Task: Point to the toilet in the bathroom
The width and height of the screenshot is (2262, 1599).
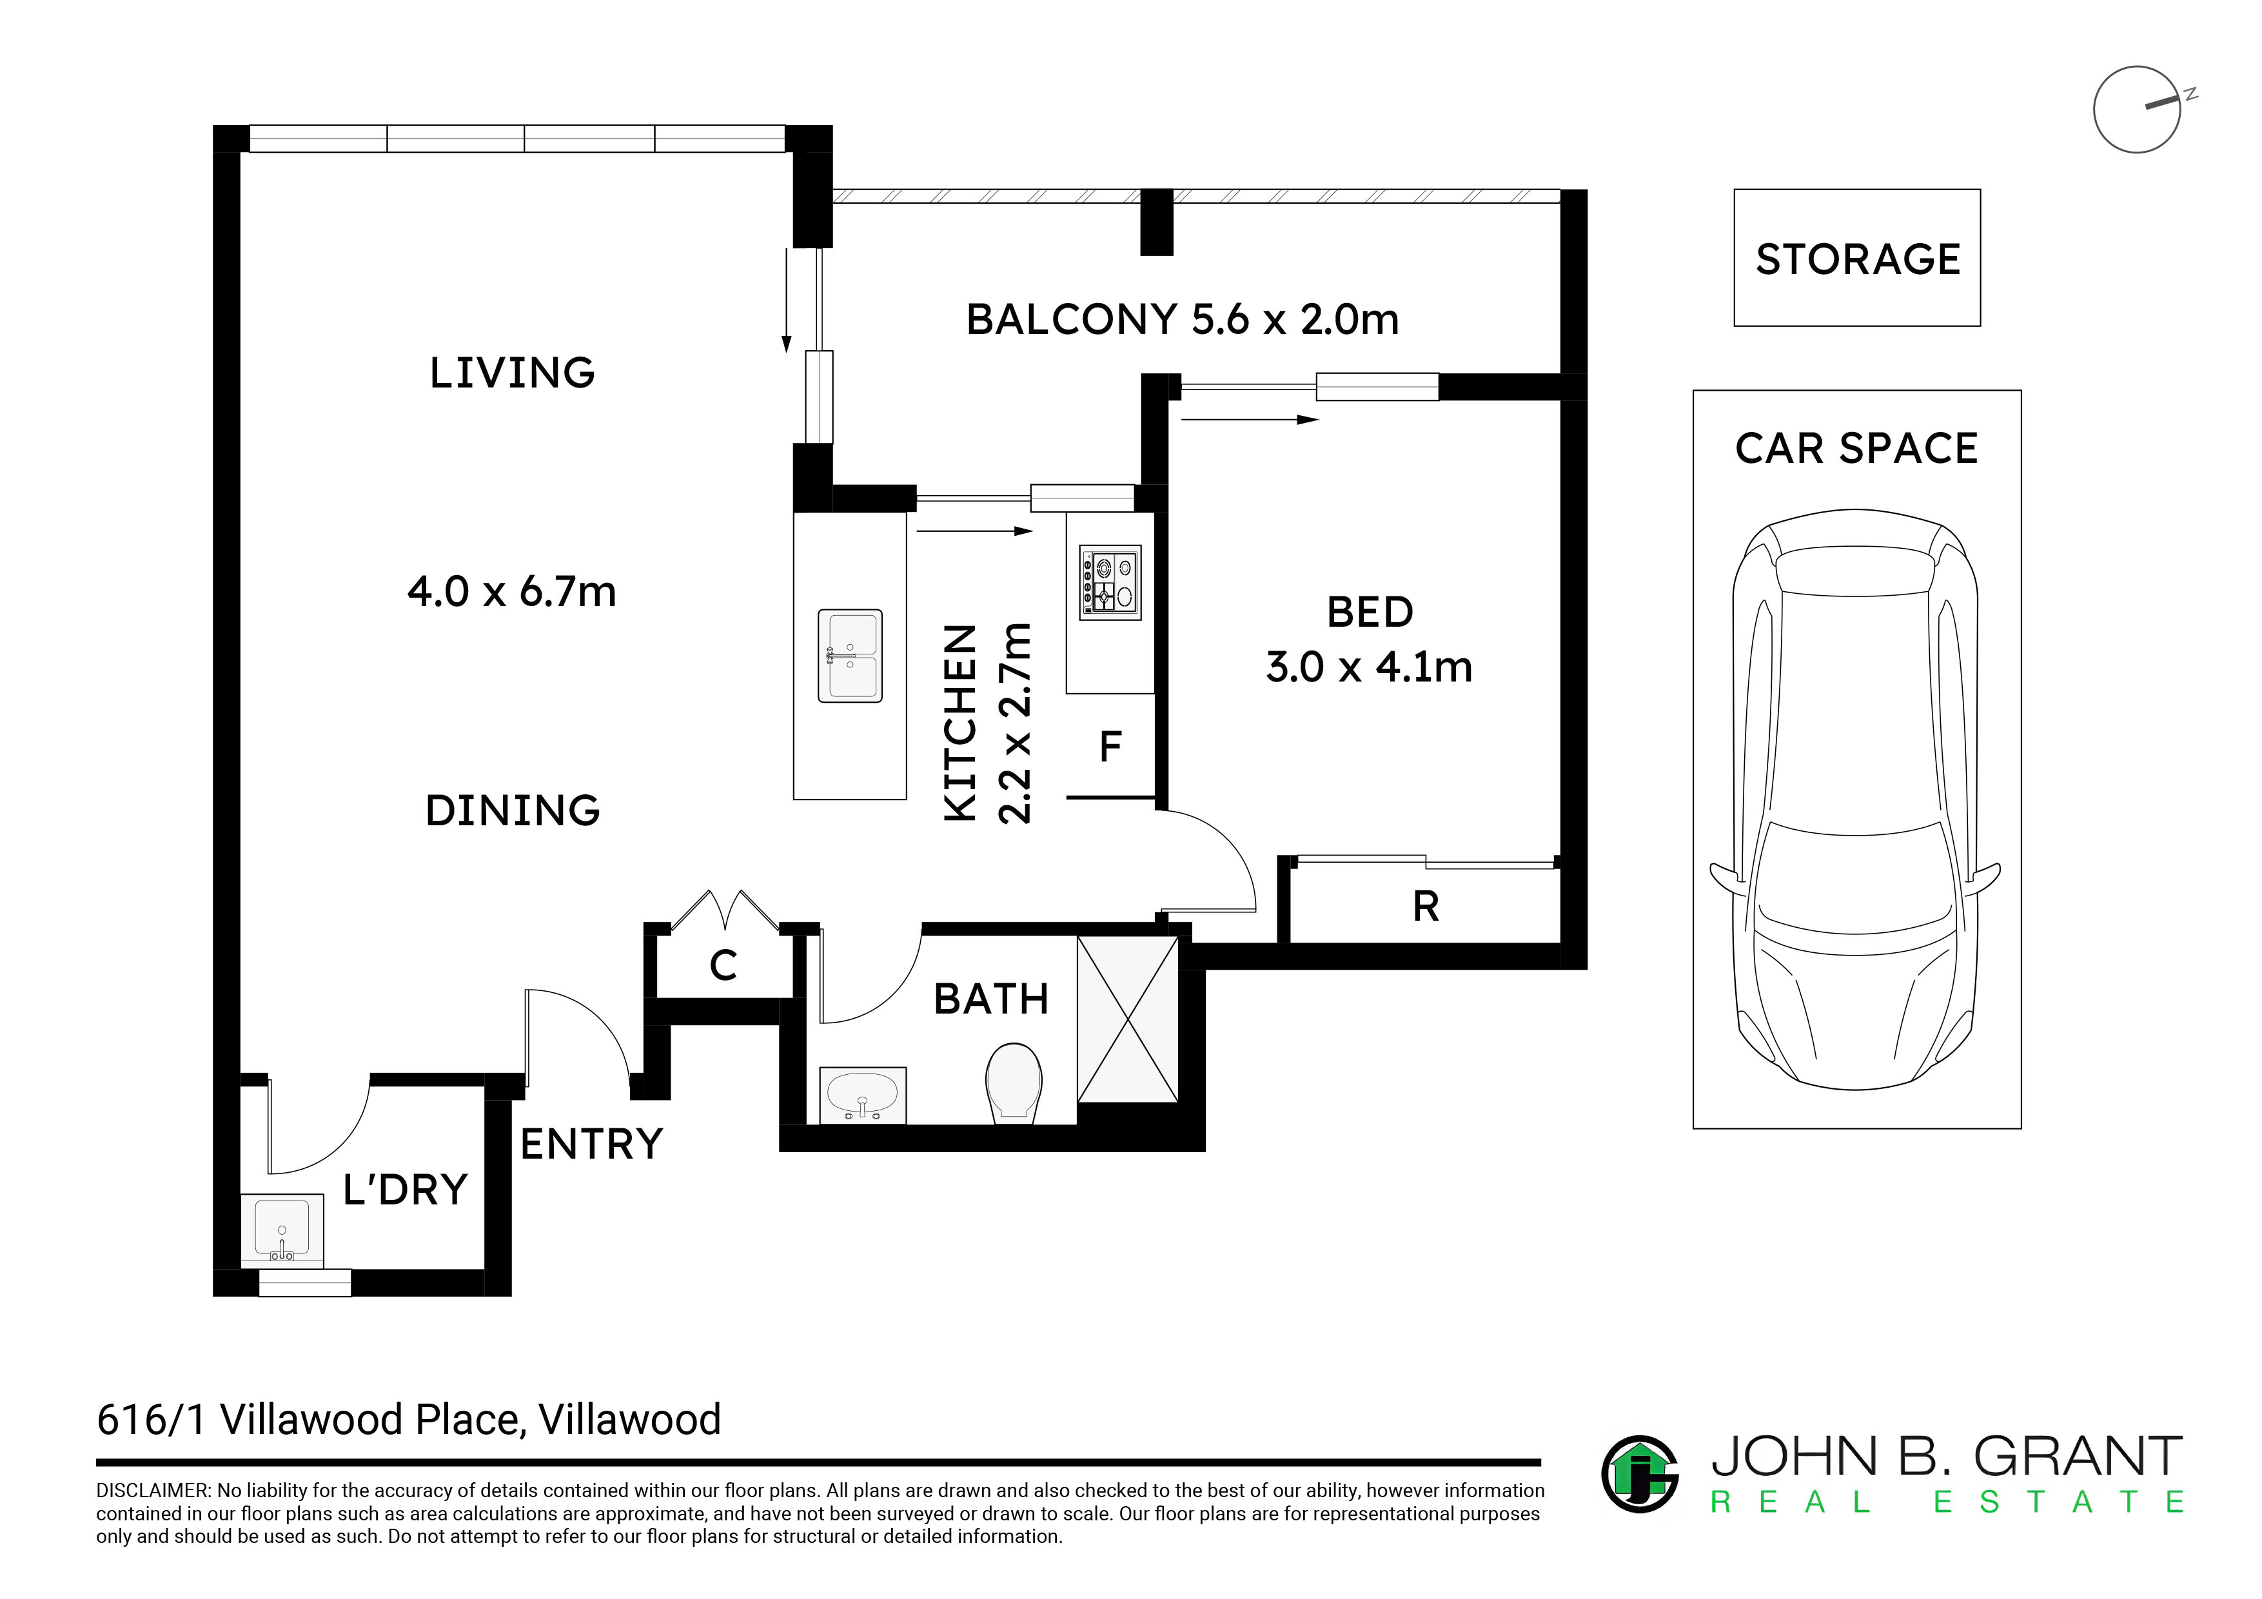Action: [1014, 1083]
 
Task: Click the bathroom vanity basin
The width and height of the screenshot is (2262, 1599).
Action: [863, 1095]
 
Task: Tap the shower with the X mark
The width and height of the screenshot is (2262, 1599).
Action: [1127, 1019]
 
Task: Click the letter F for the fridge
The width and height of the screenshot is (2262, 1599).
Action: [1110, 747]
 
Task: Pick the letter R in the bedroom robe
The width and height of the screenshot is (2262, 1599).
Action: [1426, 907]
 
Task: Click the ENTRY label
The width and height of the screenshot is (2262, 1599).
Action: [591, 1144]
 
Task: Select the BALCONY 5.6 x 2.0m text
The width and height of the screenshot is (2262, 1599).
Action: [1182, 319]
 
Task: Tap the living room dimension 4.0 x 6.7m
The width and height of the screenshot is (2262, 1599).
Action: [511, 591]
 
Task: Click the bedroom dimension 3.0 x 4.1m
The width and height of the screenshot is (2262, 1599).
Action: [1370, 667]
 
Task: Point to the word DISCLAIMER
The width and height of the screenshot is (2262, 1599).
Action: [153, 1491]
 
